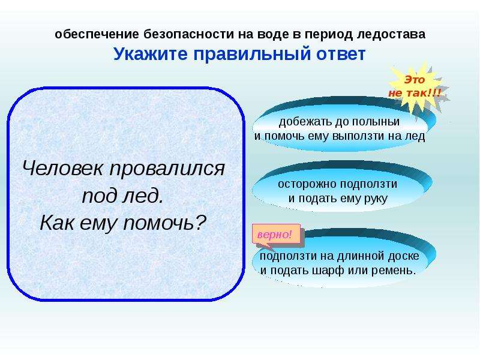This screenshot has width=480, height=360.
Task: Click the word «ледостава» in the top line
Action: [391, 34]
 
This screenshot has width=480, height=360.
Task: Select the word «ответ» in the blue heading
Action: [341, 55]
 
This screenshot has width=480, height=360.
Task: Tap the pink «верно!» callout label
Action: [275, 235]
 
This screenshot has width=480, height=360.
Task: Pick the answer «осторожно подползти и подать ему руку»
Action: [338, 191]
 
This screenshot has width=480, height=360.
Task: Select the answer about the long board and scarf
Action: [339, 263]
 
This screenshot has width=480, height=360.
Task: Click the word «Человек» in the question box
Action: [63, 168]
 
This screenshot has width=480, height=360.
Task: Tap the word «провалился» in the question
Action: [167, 169]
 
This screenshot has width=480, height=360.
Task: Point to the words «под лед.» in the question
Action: [123, 196]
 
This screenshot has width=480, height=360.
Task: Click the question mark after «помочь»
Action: [200, 222]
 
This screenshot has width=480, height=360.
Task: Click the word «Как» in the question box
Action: [56, 223]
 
